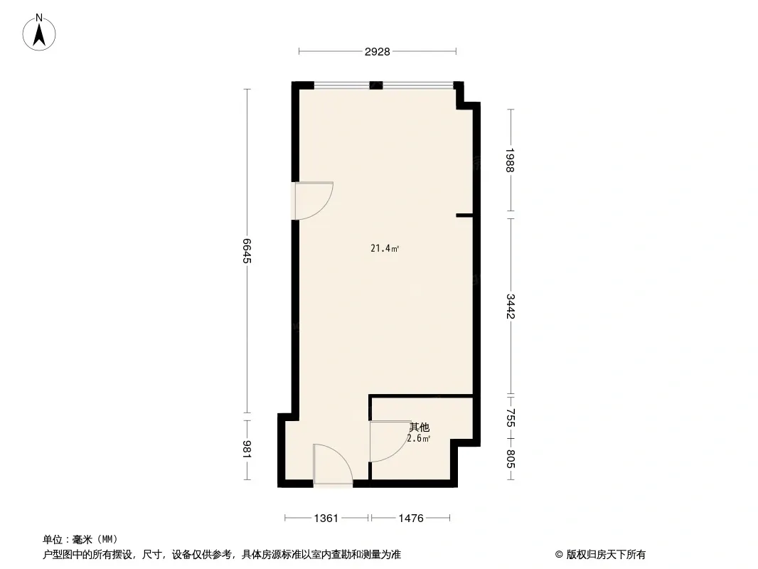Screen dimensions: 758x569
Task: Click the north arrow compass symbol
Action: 39,33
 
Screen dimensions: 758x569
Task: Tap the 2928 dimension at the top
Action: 377,52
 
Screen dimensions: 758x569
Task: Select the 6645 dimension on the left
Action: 247,250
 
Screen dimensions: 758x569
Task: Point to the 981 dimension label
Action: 247,449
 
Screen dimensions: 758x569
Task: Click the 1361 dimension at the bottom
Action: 326,519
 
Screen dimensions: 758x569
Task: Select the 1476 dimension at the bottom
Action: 411,519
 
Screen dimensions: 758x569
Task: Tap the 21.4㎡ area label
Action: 385,248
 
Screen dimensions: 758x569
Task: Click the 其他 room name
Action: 419,427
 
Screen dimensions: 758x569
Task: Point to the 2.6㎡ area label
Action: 419,438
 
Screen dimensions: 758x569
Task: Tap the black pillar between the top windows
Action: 376,85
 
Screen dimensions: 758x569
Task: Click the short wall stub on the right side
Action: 464,215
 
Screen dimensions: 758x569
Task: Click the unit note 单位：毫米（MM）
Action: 80,539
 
